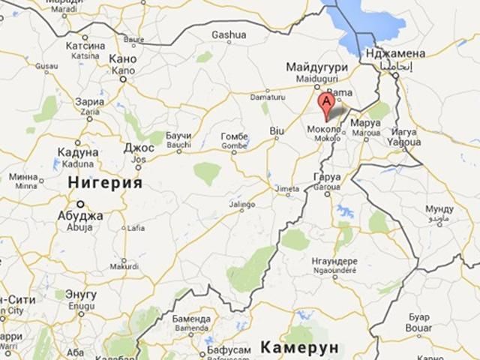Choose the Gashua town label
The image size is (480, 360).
point(229,34)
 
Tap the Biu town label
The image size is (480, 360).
point(277,130)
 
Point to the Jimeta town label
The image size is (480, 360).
point(289,189)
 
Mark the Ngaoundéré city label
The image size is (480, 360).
point(332,268)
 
